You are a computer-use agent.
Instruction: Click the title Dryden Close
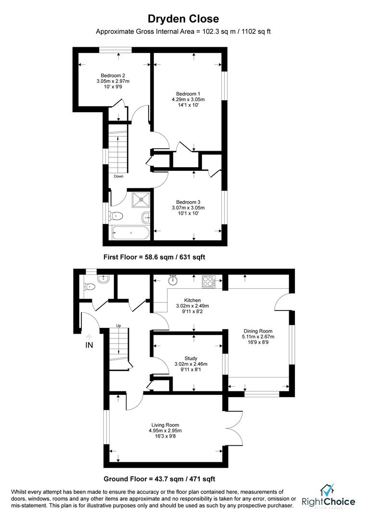click(x=183, y=19)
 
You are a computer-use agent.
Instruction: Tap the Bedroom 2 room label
click(x=113, y=76)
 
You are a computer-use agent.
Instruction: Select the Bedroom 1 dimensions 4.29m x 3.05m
click(x=188, y=100)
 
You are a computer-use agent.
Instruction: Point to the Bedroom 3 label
click(x=188, y=202)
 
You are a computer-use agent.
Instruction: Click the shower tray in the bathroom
click(x=141, y=200)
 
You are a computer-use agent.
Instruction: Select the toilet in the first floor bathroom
click(x=115, y=216)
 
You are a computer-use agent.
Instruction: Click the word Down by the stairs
click(x=119, y=176)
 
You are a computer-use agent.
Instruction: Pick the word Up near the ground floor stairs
click(x=118, y=325)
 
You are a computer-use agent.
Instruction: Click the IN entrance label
click(x=89, y=345)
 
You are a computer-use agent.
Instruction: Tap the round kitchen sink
click(x=173, y=281)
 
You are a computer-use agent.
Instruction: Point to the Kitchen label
click(x=192, y=300)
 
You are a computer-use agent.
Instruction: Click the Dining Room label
click(x=258, y=331)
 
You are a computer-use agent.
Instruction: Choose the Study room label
click(x=191, y=358)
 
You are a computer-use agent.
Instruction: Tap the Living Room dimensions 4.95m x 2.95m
click(x=165, y=431)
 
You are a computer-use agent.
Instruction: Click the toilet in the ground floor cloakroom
click(x=89, y=286)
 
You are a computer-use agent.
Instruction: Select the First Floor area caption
click(x=154, y=257)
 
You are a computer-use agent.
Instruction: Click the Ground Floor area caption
click(x=159, y=479)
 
